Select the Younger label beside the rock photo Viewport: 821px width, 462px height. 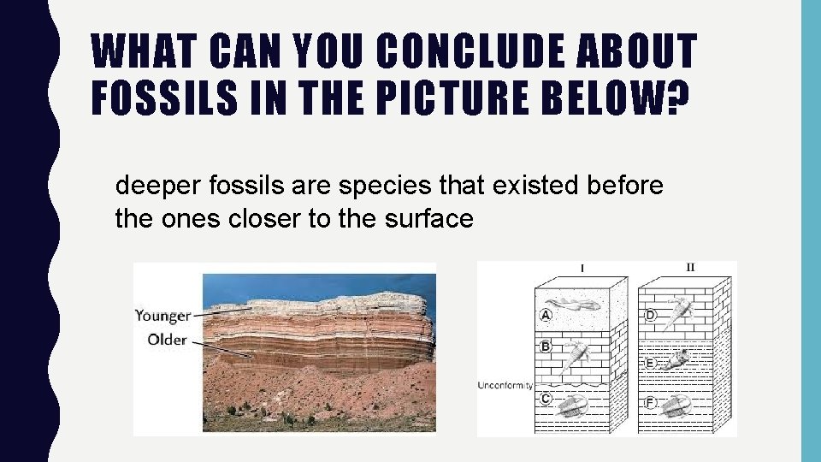[x=162, y=316]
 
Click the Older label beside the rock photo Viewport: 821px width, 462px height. [x=167, y=340]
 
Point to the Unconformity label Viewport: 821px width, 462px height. [x=505, y=386]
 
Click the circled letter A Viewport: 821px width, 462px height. [x=545, y=315]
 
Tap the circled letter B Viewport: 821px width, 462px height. [x=545, y=346]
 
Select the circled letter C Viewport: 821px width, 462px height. [x=545, y=399]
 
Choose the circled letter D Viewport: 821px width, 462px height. [x=651, y=316]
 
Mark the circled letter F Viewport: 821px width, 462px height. [x=651, y=402]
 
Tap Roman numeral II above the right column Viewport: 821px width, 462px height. [x=690, y=267]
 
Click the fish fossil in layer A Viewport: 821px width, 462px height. [x=576, y=306]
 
